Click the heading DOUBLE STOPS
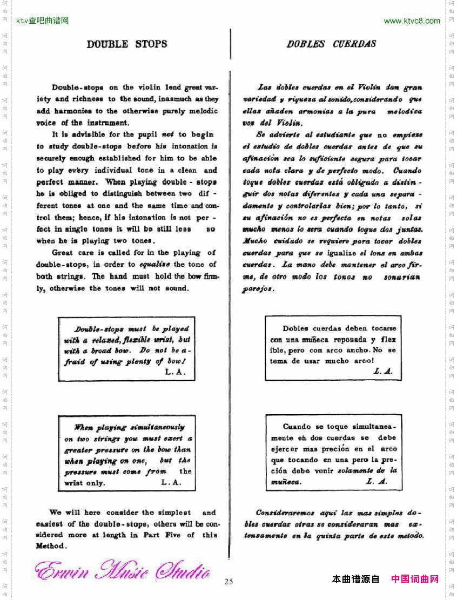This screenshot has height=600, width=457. [x=127, y=44]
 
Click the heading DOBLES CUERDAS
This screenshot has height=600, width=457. [x=331, y=44]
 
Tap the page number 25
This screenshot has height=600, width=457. [x=228, y=582]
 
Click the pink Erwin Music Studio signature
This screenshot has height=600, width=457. [x=122, y=571]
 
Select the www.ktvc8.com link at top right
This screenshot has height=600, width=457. [x=412, y=21]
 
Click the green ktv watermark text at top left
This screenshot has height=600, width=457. [x=43, y=21]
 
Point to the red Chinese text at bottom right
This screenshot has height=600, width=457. [x=414, y=579]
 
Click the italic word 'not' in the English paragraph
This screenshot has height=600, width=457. [x=167, y=134]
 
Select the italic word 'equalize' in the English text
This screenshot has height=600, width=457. [x=154, y=265]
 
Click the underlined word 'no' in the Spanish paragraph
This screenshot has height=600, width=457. [x=382, y=135]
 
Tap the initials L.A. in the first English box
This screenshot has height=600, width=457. [x=175, y=373]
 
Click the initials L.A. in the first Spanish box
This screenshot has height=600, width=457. [x=382, y=372]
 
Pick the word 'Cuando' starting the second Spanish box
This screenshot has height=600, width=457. [x=297, y=427]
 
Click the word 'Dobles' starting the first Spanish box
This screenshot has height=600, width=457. [x=295, y=328]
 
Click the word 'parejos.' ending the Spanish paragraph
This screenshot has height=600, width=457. [x=259, y=289]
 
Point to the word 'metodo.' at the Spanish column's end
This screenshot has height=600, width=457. [x=409, y=536]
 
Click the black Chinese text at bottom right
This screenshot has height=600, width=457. [x=356, y=579]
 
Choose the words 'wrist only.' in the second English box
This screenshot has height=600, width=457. [x=84, y=483]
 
